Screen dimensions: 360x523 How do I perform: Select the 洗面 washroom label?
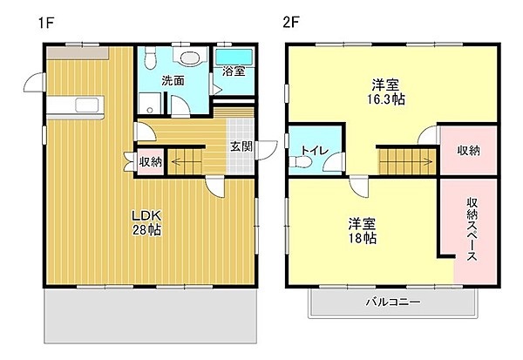(173, 80)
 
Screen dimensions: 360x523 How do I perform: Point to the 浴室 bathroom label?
(233, 71)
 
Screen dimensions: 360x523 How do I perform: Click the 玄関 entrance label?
(241, 146)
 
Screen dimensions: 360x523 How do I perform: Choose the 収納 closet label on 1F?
(150, 161)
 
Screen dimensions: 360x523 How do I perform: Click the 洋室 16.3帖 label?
(387, 92)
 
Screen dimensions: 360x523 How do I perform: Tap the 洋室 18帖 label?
(363, 229)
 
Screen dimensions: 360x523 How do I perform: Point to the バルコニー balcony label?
(392, 302)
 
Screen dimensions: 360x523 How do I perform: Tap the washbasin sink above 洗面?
(186, 58)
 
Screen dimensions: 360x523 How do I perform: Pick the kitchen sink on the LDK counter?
(88, 106)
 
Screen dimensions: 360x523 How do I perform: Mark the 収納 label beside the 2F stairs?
(468, 151)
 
